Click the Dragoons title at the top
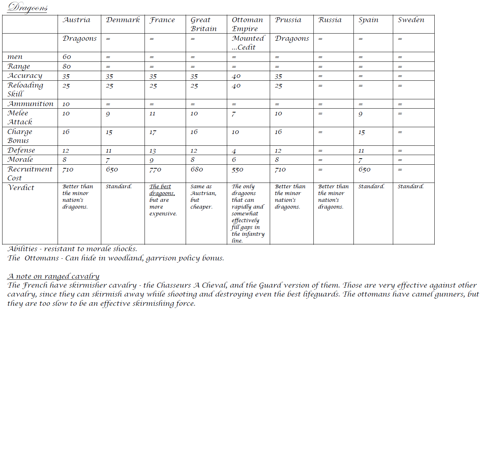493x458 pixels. pyautogui.click(x=27, y=7)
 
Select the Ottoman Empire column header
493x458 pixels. pyautogui.click(x=247, y=24)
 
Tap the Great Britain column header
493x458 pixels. pyautogui.click(x=204, y=24)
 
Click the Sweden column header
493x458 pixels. pyautogui.click(x=411, y=20)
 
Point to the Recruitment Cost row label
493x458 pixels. pyautogui.click(x=30, y=173)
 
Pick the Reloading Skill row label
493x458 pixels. pyautogui.click(x=25, y=89)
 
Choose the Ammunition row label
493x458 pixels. pyautogui.click(x=30, y=104)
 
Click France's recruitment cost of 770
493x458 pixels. pyautogui.click(x=155, y=170)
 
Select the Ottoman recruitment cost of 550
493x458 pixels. pyautogui.click(x=238, y=170)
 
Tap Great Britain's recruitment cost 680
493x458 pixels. pyautogui.click(x=197, y=169)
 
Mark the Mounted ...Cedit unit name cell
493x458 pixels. pyautogui.click(x=248, y=43)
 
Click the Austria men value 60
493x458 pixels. pyautogui.click(x=67, y=57)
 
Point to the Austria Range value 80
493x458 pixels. pyautogui.click(x=67, y=66)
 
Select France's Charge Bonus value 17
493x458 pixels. pyautogui.click(x=153, y=132)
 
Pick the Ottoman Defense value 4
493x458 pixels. pyautogui.click(x=234, y=151)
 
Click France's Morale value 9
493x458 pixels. pyautogui.click(x=152, y=160)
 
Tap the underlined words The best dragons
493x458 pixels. pyautogui.click(x=162, y=190)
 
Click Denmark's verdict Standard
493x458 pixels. pyautogui.click(x=119, y=186)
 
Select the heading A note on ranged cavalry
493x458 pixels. pyautogui.click(x=53, y=276)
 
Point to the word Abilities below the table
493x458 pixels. pyautogui.click(x=23, y=249)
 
